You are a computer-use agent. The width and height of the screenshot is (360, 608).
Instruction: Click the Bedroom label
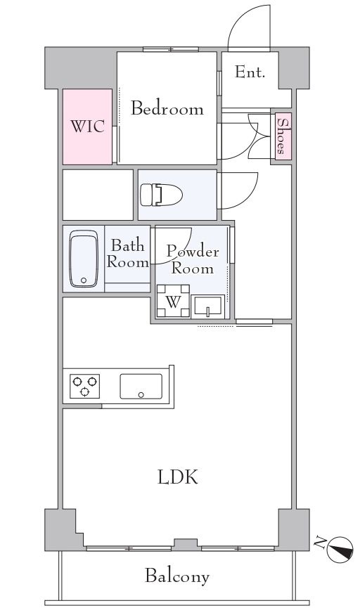pos(167,108)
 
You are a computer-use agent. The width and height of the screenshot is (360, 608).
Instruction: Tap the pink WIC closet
pos(88,127)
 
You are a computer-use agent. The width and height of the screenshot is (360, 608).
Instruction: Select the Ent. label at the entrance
pos(250,72)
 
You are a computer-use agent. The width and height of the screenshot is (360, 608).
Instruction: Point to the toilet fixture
pos(161,195)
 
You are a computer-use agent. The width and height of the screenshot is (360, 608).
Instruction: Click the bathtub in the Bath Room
pos(84,259)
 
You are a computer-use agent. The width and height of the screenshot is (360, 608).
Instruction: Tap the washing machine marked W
pos(173,302)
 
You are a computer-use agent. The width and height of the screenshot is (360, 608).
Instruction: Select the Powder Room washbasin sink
pos(208,306)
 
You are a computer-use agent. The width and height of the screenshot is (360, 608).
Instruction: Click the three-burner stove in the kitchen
pos(84,386)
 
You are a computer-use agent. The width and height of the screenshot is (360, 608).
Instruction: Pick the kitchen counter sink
pos(141,386)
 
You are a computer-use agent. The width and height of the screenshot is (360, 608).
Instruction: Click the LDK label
pos(178,477)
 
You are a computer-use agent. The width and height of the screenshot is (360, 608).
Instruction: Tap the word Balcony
pos(177,576)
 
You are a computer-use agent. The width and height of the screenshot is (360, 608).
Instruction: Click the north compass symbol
pos(340,550)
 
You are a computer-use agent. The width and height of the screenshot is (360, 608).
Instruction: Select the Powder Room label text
pos(193,260)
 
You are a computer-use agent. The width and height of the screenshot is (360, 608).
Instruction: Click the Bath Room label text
pos(128,254)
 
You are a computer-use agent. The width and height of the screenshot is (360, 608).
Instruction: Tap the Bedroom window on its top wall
pos(171,49)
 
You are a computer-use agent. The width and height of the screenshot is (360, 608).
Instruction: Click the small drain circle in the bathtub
pos(84,280)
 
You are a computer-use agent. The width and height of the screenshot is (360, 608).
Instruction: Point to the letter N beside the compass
pos(320,542)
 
